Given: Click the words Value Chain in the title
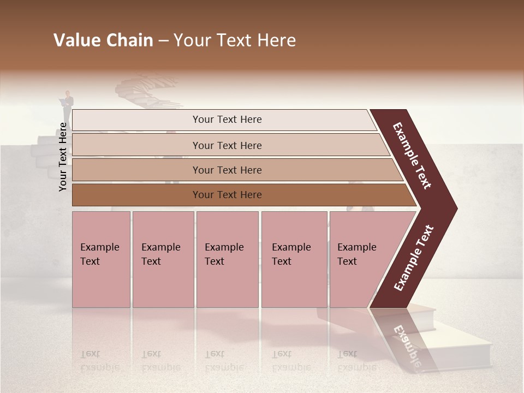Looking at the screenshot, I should pos(103,40).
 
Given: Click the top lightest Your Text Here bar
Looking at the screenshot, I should pos(227,120).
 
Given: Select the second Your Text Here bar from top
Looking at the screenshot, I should pos(227,145).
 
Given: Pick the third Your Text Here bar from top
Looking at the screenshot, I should pos(227,170).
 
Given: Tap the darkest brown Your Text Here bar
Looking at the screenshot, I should pos(227,195).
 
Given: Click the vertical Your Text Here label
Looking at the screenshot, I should pos(63,157).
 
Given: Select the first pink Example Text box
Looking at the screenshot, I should pos(101,259).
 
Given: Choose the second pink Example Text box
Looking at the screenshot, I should pos(163,259).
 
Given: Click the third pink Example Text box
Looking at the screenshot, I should pos(227,259).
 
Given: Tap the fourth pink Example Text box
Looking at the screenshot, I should pos(294,259).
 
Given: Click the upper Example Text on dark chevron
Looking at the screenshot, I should pos(412,156).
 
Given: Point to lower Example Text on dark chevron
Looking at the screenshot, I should pos(414,258).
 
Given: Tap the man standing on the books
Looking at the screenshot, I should pos(67,107).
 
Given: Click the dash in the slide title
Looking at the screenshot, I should pos(163,40).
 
